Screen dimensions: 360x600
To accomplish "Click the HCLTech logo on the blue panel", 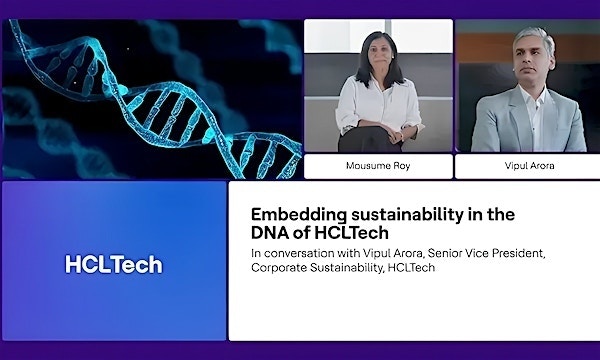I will click(113, 265).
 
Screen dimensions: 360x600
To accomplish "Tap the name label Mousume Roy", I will click(377, 166).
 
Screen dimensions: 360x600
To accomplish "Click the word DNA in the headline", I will click(272, 233).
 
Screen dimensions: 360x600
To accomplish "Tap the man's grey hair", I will click(530, 36).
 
